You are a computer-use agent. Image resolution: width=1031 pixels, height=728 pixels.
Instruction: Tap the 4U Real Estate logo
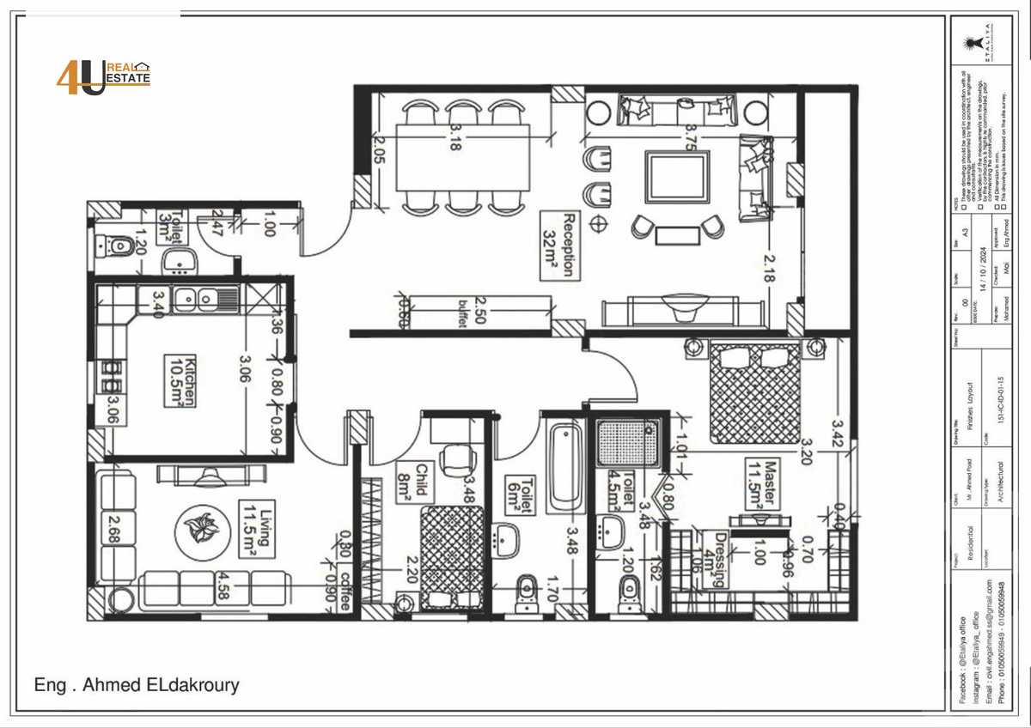pos(104,77)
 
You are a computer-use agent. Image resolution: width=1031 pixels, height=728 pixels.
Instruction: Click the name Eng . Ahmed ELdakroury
pos(137,685)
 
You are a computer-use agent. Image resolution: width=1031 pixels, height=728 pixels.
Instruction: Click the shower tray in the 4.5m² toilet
pos(629,443)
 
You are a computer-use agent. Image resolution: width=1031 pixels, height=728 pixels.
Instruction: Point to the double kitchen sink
pos(197,298)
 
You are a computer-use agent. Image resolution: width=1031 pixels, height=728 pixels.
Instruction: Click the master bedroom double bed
pos(756,392)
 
